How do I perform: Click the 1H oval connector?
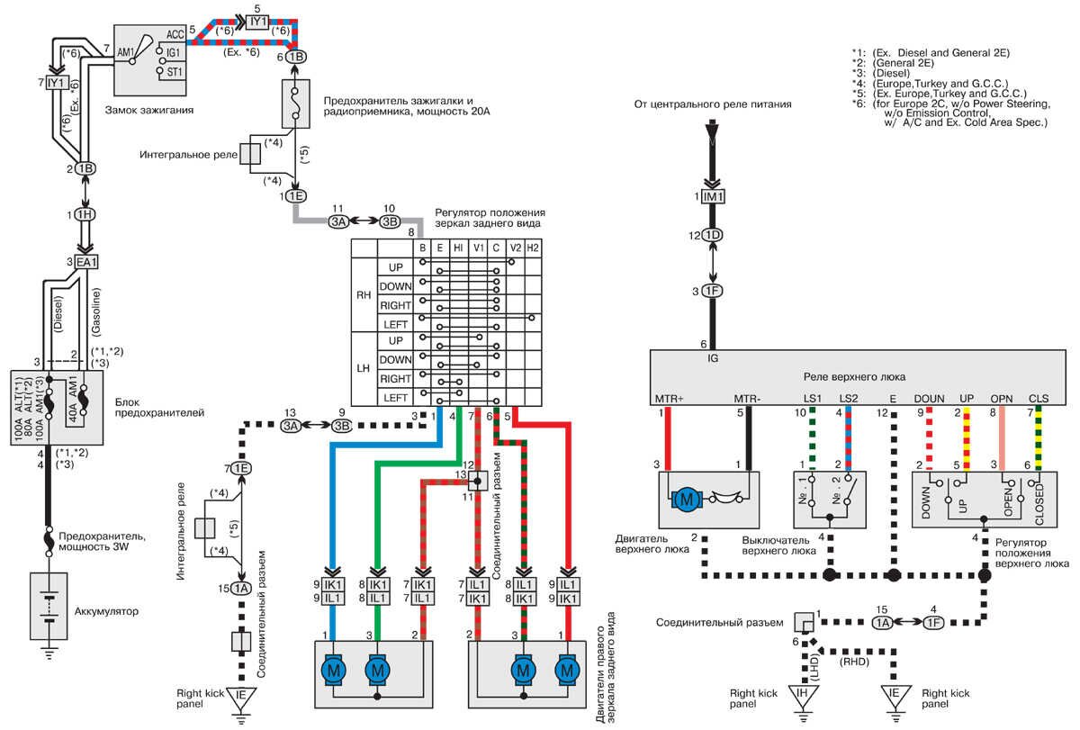click(84, 216)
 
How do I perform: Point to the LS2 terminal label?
click(848, 397)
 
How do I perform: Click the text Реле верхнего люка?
click(859, 375)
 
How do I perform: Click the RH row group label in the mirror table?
click(364, 295)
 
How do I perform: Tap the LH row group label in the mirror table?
click(364, 368)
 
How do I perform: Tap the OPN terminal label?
click(1002, 397)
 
